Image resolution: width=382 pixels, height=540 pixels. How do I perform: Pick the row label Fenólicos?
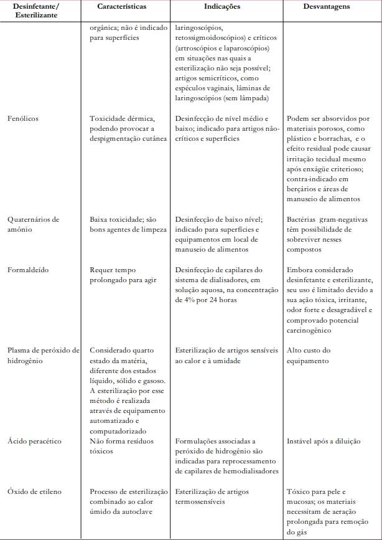point(24,118)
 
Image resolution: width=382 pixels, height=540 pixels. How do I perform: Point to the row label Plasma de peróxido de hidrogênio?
point(43,355)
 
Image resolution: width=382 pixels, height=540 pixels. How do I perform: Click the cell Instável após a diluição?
point(324,441)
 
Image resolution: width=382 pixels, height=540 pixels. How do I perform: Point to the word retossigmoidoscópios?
point(210,38)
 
